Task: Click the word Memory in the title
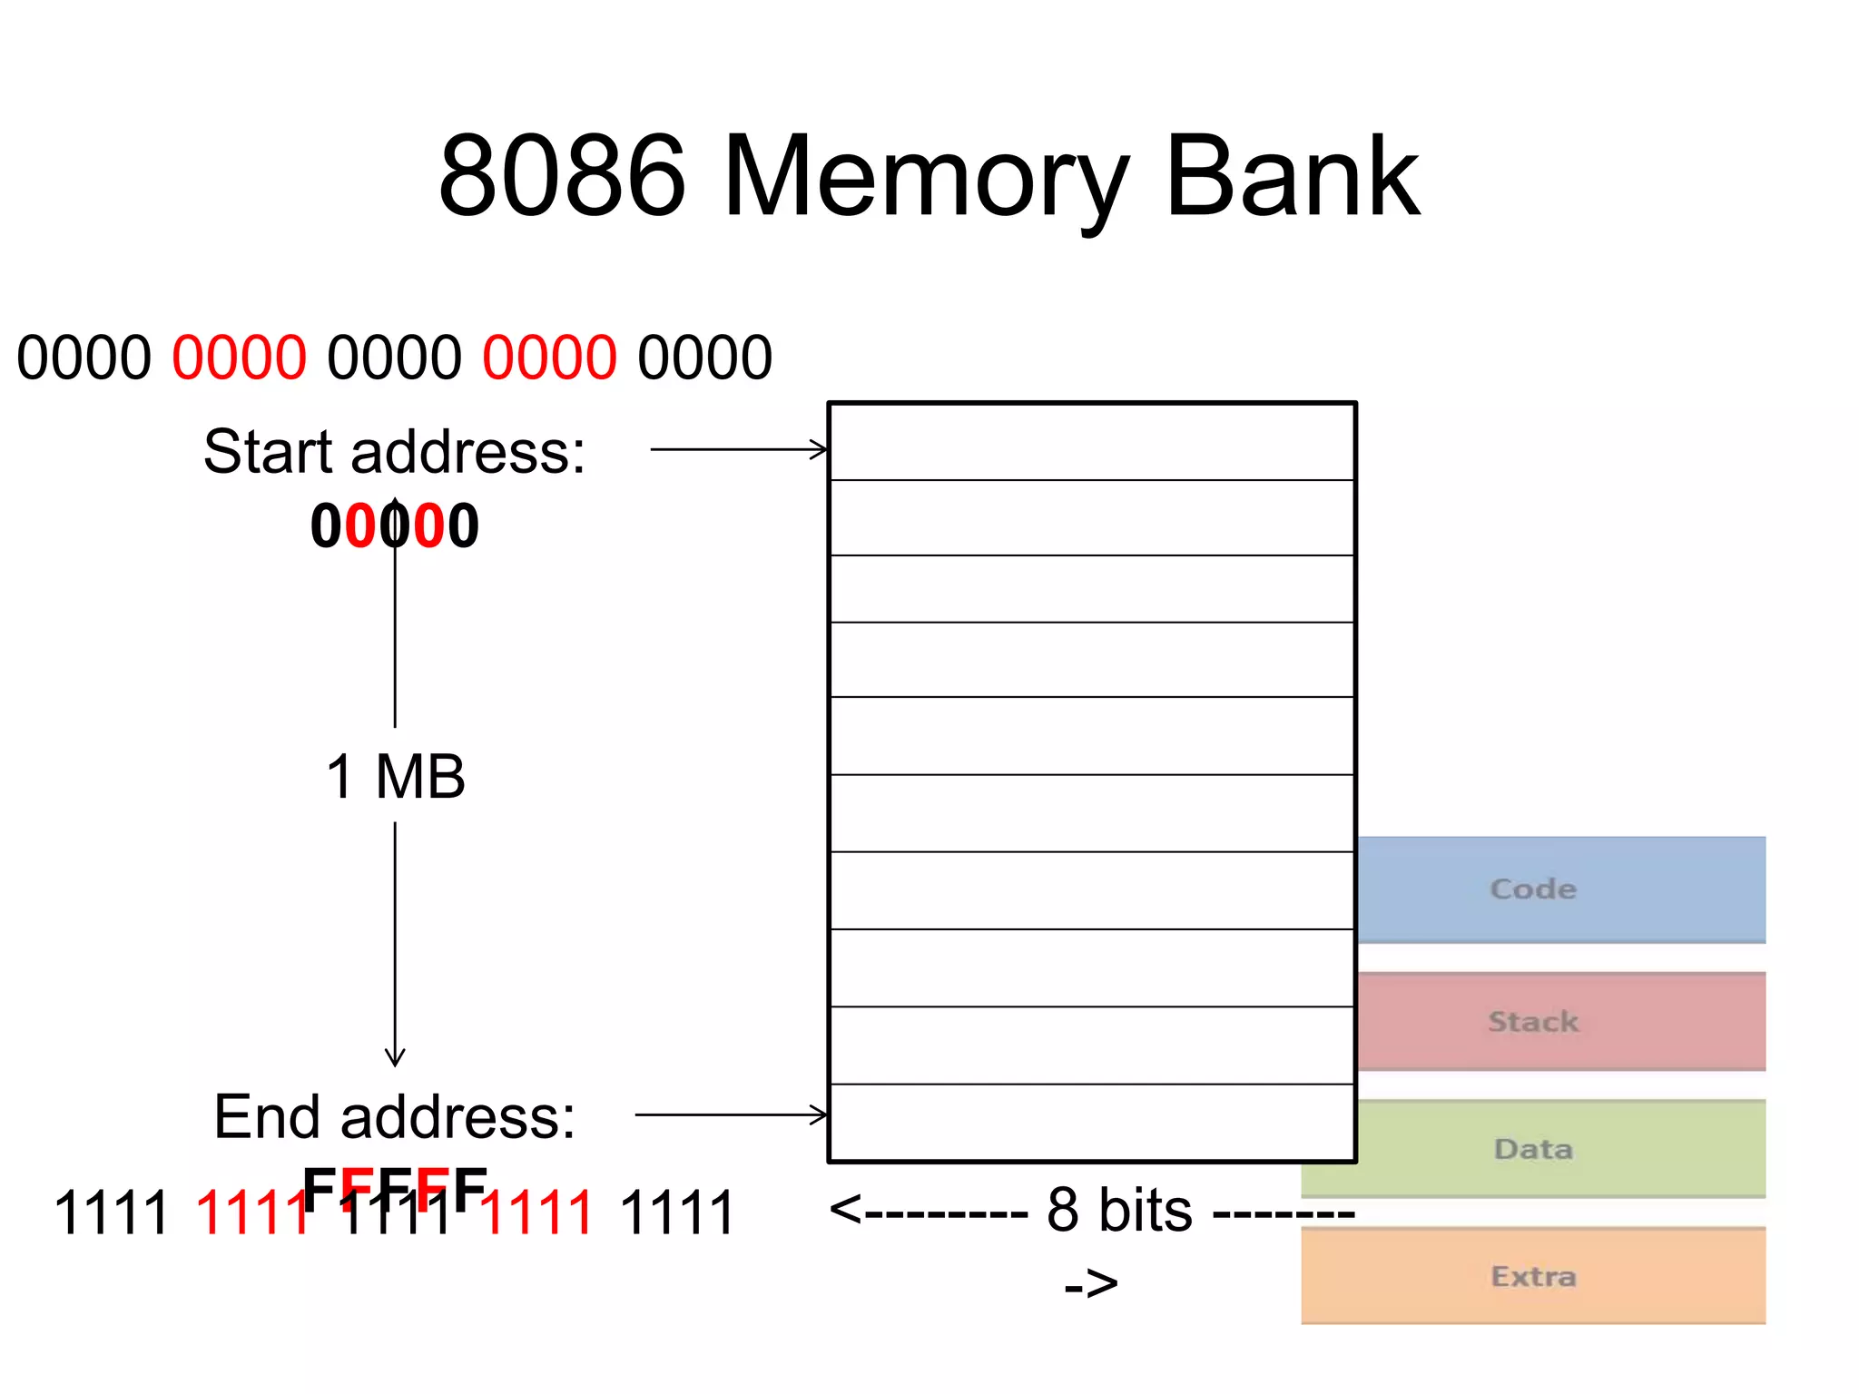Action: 926,177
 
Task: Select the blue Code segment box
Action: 1561,889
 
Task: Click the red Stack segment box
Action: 1561,1021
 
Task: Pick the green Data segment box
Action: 1561,1149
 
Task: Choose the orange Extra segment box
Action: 1534,1276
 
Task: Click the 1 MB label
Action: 395,777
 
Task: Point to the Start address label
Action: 394,451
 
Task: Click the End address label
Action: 394,1116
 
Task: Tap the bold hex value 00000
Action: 394,526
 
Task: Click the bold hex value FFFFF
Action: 394,1189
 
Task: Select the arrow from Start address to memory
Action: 738,449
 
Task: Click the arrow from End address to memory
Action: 731,1114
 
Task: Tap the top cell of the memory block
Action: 1092,442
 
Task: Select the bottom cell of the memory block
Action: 1092,1123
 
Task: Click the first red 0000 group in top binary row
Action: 239,358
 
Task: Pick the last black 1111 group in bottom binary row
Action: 676,1213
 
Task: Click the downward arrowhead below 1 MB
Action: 395,1057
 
